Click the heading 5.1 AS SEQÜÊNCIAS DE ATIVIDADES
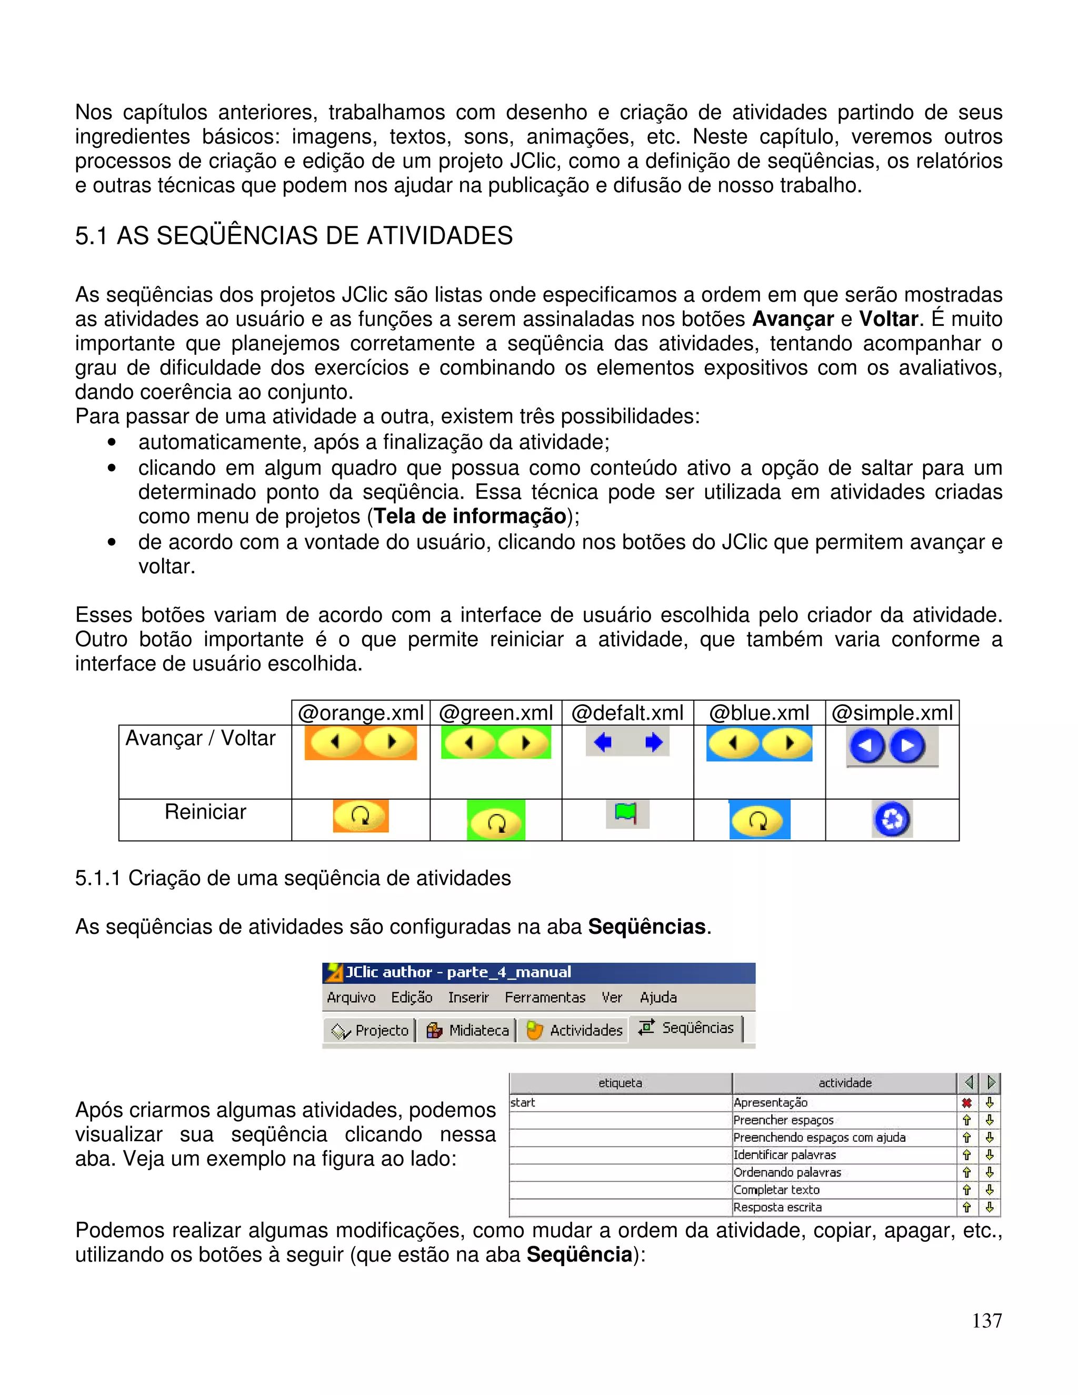coord(294,236)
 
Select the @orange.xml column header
coord(361,713)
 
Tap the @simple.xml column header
coord(892,713)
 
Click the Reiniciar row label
coord(205,812)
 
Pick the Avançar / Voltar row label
coord(200,739)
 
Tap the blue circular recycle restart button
coord(892,819)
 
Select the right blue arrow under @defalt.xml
coord(653,742)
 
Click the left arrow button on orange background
coord(335,742)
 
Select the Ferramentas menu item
coord(545,998)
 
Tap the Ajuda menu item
coord(658,998)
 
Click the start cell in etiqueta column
coord(523,1102)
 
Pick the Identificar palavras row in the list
coord(785,1155)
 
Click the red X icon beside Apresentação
coord(966,1102)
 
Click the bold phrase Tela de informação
coord(470,516)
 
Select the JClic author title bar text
coord(458,972)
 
